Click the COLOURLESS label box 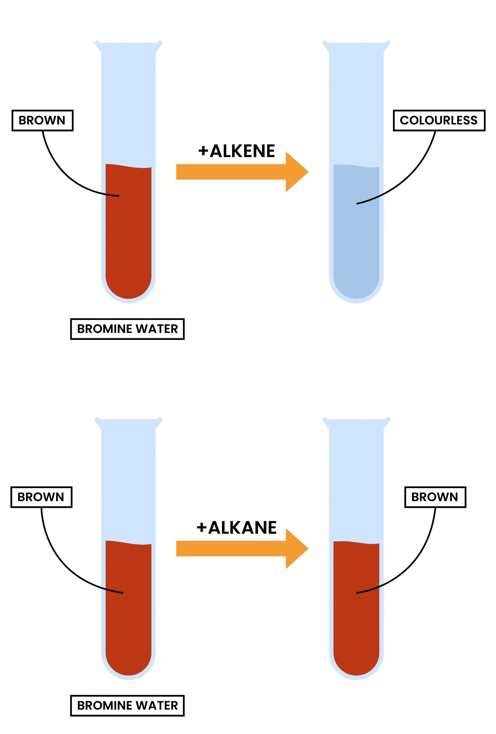(x=439, y=120)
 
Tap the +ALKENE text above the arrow (x=237, y=151)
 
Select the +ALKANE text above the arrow (x=237, y=528)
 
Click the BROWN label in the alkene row (x=42, y=120)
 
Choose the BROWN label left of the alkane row (x=41, y=497)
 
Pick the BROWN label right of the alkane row (x=435, y=497)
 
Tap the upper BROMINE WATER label (x=127, y=329)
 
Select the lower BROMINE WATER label (x=127, y=706)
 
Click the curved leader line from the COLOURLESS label (x=411, y=177)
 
